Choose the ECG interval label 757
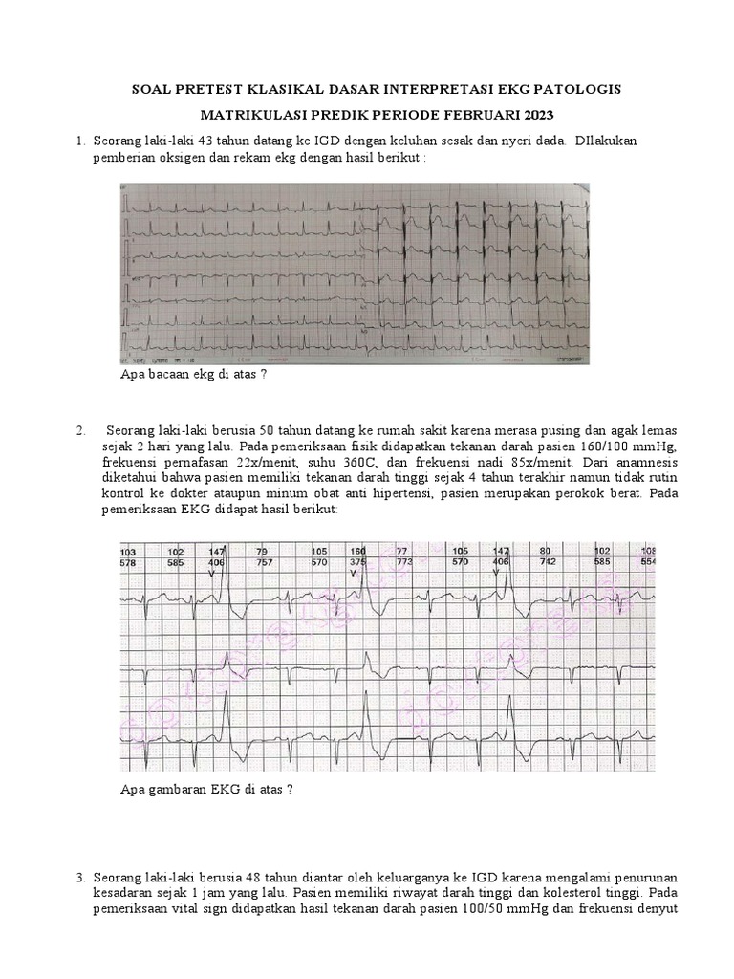tap(263, 562)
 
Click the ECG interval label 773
tap(404, 562)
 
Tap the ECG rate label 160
tap(358, 552)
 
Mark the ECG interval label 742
tap(546, 562)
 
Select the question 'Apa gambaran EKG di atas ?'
tap(205, 789)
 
